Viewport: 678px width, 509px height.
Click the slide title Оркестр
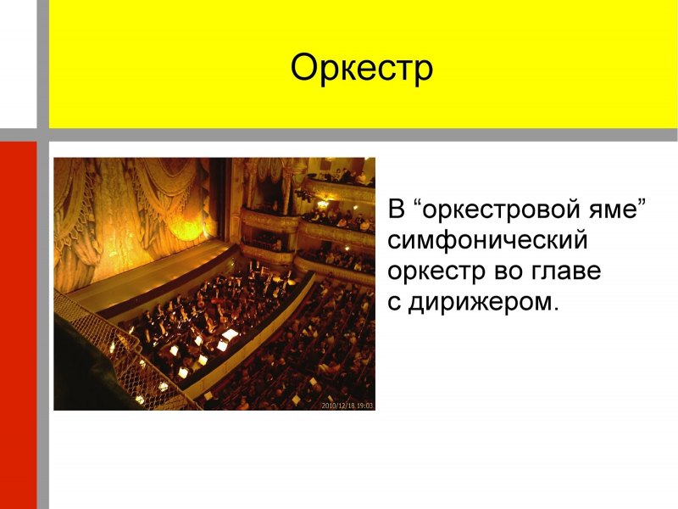click(x=362, y=68)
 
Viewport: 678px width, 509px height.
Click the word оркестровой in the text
click(x=499, y=210)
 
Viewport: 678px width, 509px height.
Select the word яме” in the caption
click(x=620, y=210)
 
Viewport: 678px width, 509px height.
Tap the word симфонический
click(x=487, y=241)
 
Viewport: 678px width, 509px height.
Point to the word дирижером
click(x=483, y=303)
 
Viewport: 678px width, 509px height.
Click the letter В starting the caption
click(x=397, y=210)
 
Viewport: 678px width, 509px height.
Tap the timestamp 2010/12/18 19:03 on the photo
click(x=347, y=406)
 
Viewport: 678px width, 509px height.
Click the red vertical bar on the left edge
click(x=18, y=322)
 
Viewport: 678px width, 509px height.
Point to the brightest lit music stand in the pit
click(x=230, y=334)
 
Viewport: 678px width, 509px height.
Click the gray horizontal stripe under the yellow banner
click(x=356, y=135)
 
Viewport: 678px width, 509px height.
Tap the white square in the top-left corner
click(x=18, y=64)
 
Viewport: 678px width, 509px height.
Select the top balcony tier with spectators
click(x=339, y=182)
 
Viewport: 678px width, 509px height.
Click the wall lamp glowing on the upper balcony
click(x=322, y=204)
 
